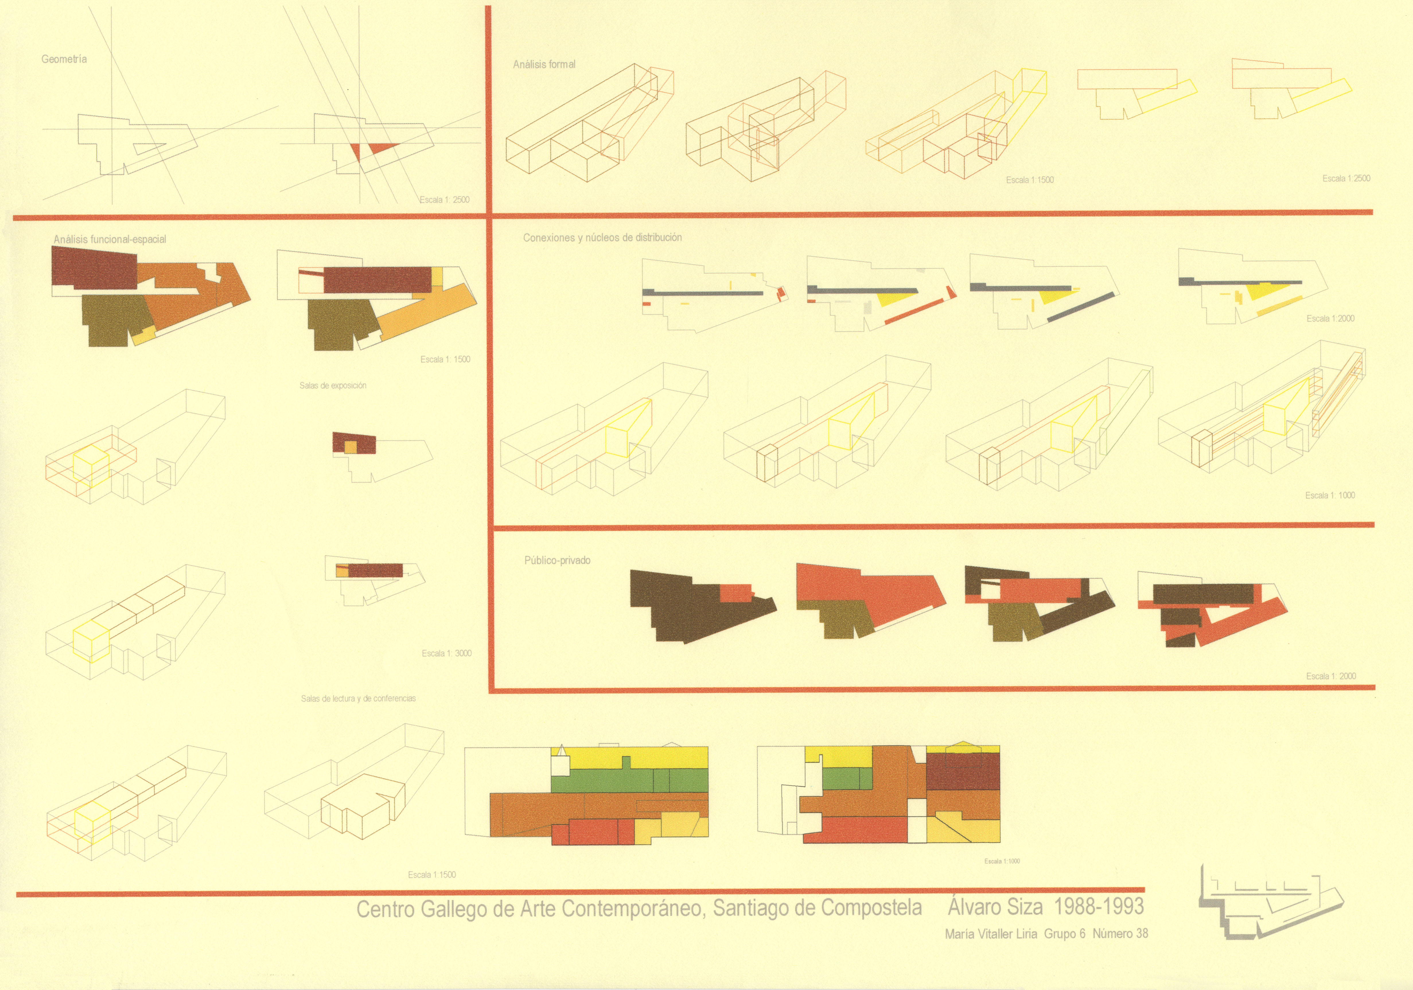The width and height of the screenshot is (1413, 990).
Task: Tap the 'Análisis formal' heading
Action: [544, 64]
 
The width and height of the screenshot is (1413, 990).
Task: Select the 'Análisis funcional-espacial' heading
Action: [110, 240]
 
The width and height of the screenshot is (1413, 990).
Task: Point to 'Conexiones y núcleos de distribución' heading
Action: [602, 238]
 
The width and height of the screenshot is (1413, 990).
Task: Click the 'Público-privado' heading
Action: [557, 560]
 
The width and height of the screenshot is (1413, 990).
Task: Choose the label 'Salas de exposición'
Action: [333, 385]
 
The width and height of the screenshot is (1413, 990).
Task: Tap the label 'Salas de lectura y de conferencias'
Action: [358, 698]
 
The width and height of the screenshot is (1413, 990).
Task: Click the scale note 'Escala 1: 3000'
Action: [447, 653]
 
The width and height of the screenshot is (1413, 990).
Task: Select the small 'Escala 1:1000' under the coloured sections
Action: [1002, 861]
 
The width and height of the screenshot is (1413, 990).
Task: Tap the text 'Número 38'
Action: [1120, 933]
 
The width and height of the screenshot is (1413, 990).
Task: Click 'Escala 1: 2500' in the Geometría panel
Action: [444, 199]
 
